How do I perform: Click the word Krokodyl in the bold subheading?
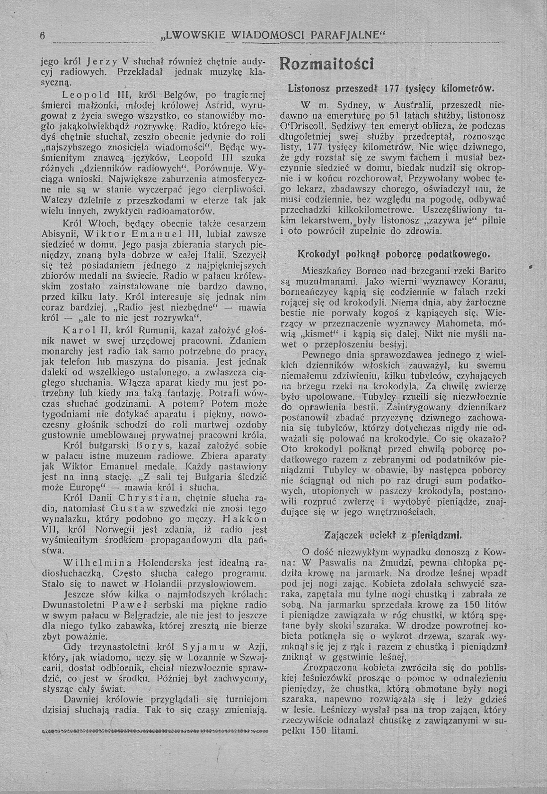tap(319, 255)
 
